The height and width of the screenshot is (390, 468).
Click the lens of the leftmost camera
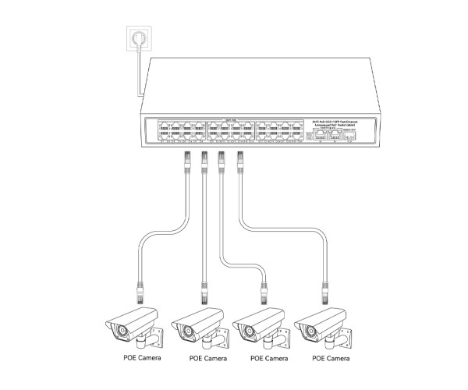(x=121, y=331)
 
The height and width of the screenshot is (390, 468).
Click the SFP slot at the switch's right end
(x=350, y=135)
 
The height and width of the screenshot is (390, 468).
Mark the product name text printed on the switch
(x=335, y=123)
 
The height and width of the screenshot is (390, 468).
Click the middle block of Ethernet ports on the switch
(x=231, y=130)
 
